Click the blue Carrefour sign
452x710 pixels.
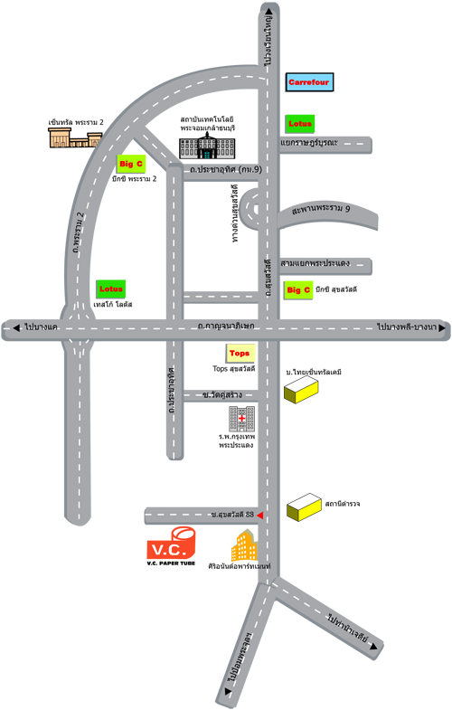(x=309, y=82)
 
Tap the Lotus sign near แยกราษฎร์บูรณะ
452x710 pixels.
(x=299, y=124)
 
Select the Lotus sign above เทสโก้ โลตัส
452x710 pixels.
(x=111, y=289)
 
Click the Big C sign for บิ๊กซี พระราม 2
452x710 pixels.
(x=131, y=164)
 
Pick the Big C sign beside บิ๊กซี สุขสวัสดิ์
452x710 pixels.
(x=298, y=290)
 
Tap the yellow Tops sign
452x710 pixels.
(x=240, y=353)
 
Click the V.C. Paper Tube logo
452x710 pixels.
(x=172, y=545)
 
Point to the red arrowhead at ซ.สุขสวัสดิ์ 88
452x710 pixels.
(x=259, y=516)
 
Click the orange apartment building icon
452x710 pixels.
(x=244, y=544)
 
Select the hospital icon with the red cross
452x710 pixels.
(x=241, y=419)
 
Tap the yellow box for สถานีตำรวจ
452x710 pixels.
(x=304, y=506)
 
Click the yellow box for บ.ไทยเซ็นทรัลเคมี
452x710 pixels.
(x=301, y=390)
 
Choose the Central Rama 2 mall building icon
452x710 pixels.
(x=75, y=137)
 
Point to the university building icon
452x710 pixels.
(x=207, y=146)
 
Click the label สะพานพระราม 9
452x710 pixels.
(x=321, y=209)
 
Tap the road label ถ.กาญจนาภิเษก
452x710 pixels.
(x=226, y=326)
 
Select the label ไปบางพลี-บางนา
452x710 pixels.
(x=407, y=327)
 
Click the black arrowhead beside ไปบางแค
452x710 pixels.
(x=16, y=327)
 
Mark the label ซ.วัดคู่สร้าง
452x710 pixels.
(x=222, y=395)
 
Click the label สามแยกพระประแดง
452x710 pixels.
(x=315, y=262)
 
